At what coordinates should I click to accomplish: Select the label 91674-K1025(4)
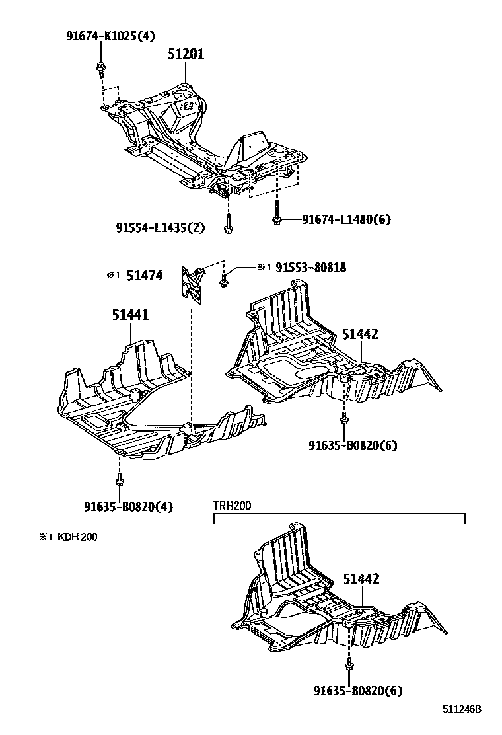coord(110,36)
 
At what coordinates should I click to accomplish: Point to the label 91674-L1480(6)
coord(346,219)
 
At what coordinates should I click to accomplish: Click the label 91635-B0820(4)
coord(128,507)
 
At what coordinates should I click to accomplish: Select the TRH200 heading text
coord(231,506)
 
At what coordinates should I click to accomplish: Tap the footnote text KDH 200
coord(77,537)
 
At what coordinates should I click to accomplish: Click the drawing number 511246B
coord(462,709)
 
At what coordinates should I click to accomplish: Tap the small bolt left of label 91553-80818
coord(225,280)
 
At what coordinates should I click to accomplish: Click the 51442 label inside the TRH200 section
coord(361,579)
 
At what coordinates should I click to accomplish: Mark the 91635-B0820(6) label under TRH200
coord(358,691)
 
